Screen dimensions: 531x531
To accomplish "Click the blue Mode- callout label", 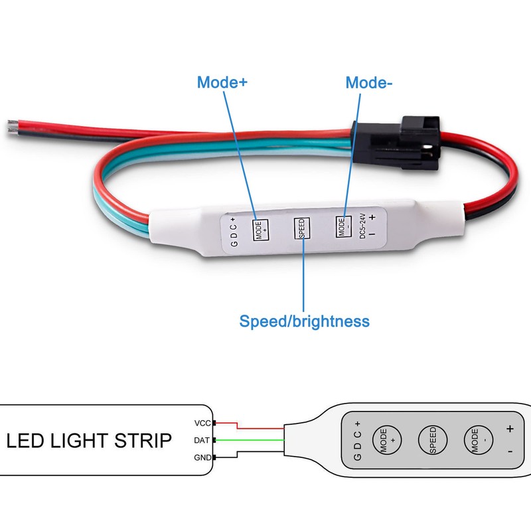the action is click(369, 83).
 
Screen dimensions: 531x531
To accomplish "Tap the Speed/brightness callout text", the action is click(304, 322).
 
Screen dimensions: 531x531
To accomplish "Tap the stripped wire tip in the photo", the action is click(13, 124).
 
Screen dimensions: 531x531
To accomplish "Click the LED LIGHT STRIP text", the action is click(89, 440).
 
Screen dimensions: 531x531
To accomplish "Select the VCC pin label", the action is click(202, 423).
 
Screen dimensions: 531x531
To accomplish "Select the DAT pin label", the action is click(202, 440).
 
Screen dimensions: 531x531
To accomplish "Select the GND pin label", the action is click(202, 458).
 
